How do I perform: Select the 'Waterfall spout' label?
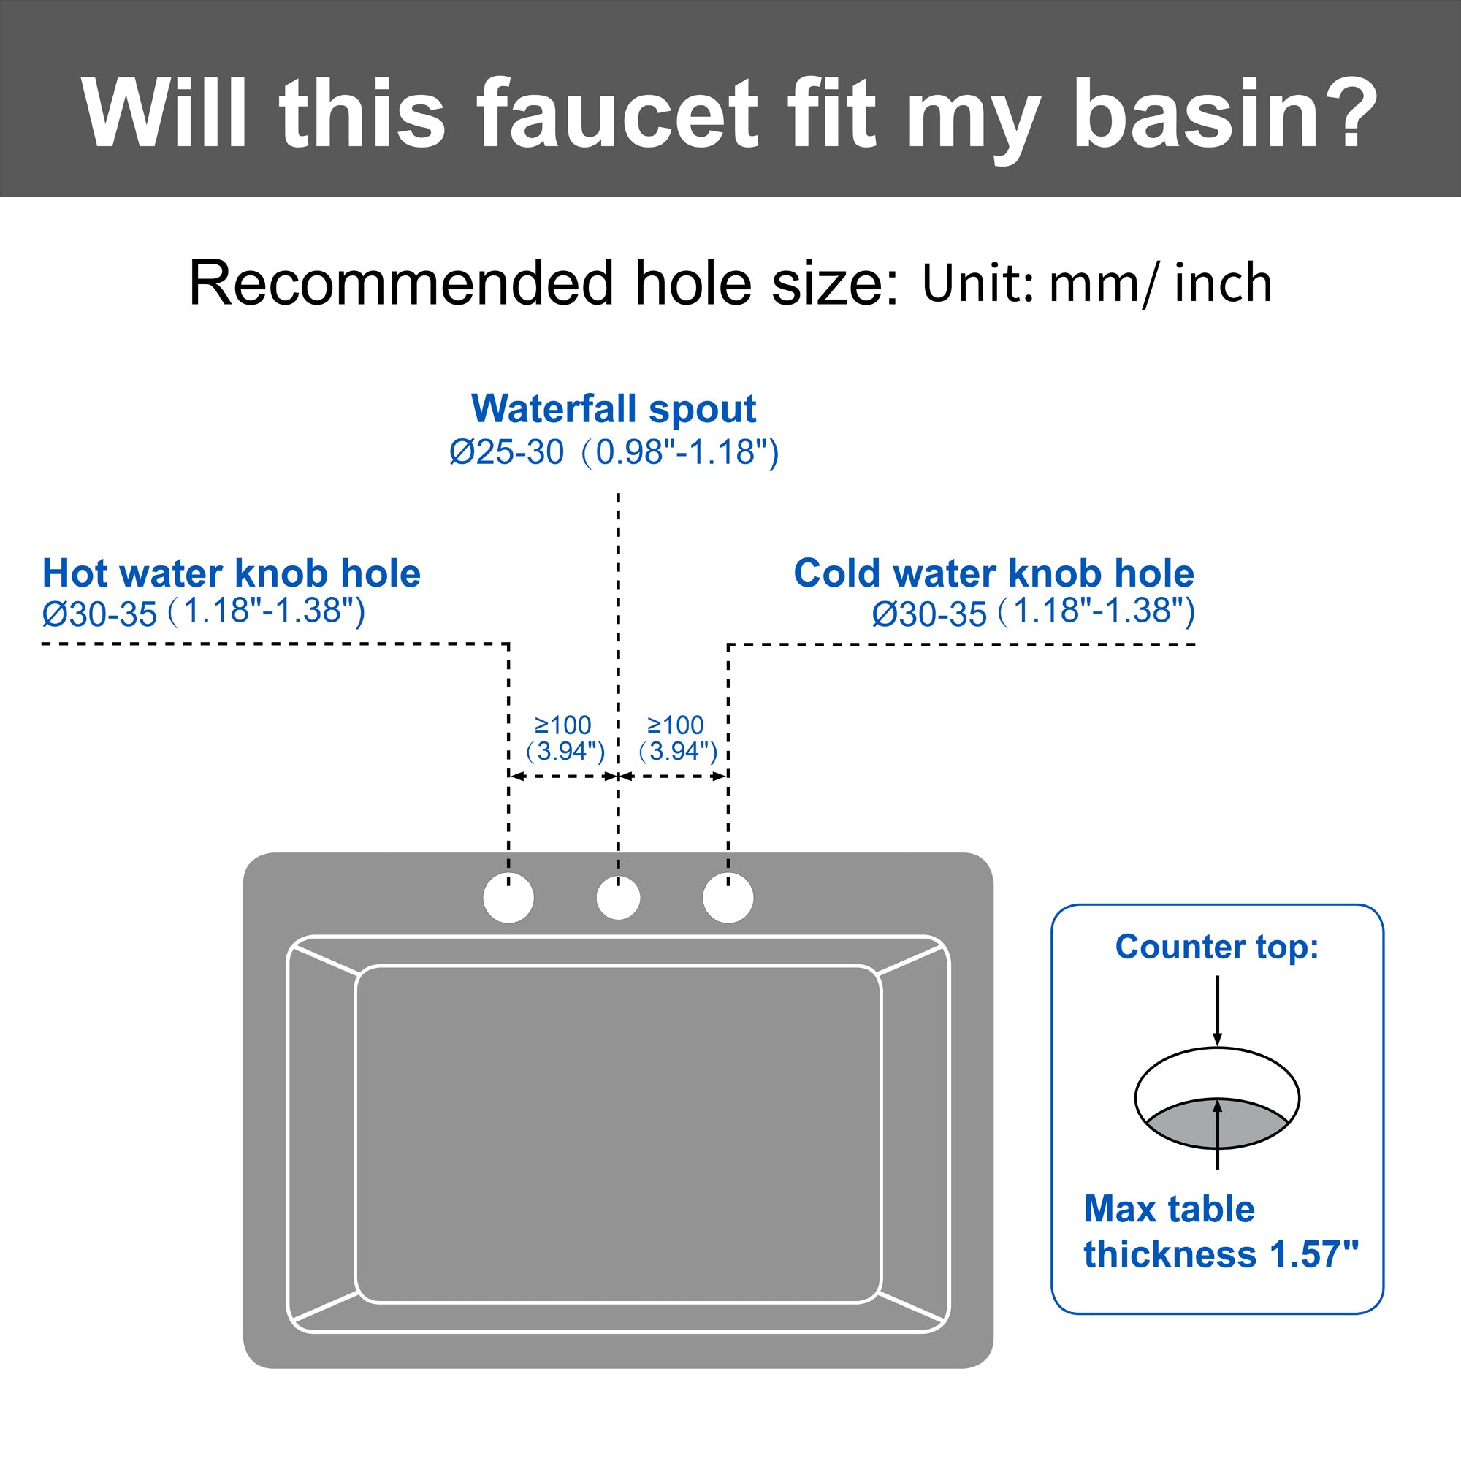(x=613, y=409)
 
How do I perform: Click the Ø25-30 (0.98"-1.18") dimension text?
(x=614, y=452)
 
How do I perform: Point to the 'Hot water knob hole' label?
(x=232, y=573)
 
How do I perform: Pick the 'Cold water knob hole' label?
(x=993, y=573)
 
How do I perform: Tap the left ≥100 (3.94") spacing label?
(x=564, y=738)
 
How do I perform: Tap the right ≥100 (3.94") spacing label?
(x=677, y=738)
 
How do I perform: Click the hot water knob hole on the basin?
(x=508, y=898)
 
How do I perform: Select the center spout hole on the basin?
(x=618, y=899)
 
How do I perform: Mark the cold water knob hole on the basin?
(x=728, y=898)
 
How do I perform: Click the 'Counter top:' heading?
(x=1217, y=947)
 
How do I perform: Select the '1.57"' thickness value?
(x=1313, y=1254)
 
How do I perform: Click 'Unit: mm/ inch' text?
(x=1096, y=283)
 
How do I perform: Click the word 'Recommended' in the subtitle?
(x=401, y=283)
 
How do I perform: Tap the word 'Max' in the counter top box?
(x=1119, y=1209)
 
